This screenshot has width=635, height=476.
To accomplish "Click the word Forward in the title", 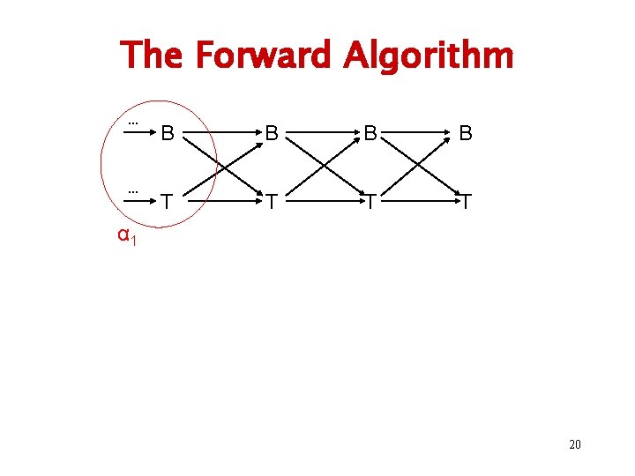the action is pyautogui.click(x=264, y=56).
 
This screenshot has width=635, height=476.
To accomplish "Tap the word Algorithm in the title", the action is pyautogui.click(x=428, y=56).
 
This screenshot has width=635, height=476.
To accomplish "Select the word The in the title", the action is pyautogui.click(x=152, y=56).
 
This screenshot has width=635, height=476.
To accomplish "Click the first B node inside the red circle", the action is pyautogui.click(x=167, y=134).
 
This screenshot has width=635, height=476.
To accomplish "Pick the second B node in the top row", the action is pyautogui.click(x=273, y=134).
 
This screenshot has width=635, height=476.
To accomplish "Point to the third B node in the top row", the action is pyautogui.click(x=371, y=134).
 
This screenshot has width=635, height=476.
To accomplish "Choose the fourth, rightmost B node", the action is pyautogui.click(x=466, y=134).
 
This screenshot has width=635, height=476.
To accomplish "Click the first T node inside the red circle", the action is pyautogui.click(x=167, y=203).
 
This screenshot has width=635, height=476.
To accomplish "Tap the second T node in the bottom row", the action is pyautogui.click(x=273, y=203).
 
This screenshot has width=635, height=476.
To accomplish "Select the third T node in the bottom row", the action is pyautogui.click(x=371, y=203).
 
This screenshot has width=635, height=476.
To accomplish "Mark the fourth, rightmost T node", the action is pyautogui.click(x=467, y=203).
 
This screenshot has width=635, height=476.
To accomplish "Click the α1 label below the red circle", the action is pyautogui.click(x=126, y=235).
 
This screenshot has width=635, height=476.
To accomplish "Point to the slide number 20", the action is pyautogui.click(x=574, y=444).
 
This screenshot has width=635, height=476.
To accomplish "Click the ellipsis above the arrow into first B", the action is pyautogui.click(x=134, y=123).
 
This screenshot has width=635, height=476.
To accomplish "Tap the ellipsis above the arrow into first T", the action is pyautogui.click(x=134, y=190).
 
